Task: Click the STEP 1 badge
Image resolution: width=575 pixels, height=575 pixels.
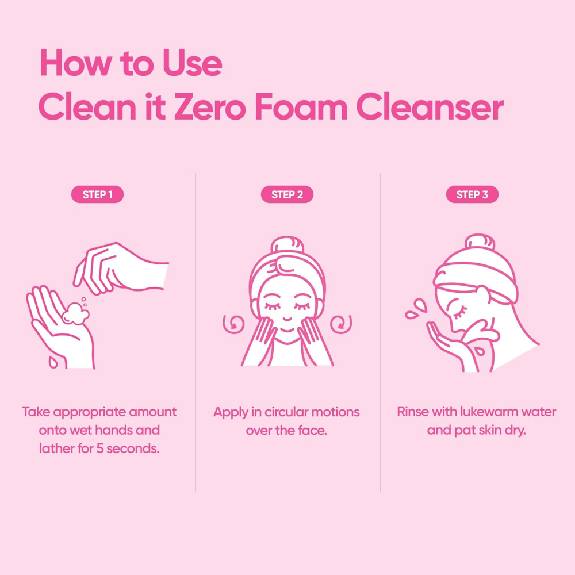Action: (x=97, y=194)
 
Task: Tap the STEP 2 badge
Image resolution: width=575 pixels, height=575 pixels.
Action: (x=287, y=194)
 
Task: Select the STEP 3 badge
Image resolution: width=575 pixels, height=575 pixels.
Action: (x=472, y=194)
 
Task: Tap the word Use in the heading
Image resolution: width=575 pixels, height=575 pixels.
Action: (x=193, y=64)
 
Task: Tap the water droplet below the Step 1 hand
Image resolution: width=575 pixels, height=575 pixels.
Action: (x=52, y=362)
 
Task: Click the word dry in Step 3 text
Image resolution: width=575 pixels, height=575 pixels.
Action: (x=515, y=430)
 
